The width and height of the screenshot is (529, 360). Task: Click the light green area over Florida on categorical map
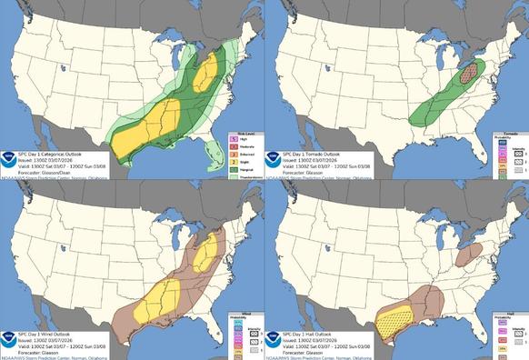point(210,160)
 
